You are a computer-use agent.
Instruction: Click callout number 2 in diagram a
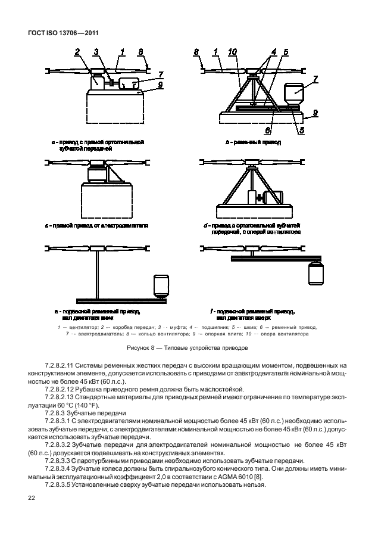point(77,53)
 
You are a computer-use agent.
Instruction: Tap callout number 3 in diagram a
point(97,53)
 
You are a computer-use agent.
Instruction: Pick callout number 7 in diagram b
point(315,78)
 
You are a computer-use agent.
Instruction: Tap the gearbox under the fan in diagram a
point(96,82)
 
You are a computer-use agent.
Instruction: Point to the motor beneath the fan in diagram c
point(96,174)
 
